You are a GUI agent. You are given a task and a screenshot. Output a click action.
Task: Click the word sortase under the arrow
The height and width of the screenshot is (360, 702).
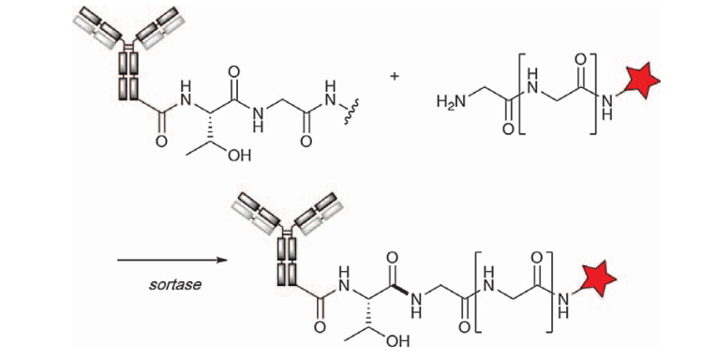tap(175, 284)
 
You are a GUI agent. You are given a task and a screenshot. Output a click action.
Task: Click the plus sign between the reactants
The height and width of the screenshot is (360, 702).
tap(395, 77)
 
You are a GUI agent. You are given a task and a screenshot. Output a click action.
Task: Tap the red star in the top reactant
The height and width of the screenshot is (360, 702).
tap(640, 82)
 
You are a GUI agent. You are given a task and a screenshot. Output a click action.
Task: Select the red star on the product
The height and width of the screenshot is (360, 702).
tap(596, 279)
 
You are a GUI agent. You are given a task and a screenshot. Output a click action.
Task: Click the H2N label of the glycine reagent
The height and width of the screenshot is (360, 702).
tap(452, 101)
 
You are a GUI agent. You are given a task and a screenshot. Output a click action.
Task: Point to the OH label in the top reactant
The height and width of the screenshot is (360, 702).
tap(240, 155)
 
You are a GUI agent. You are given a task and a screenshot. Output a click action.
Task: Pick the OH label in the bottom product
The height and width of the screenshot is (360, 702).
tap(397, 341)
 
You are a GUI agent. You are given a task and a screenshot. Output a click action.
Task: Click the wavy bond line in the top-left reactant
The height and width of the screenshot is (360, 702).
tap(350, 114)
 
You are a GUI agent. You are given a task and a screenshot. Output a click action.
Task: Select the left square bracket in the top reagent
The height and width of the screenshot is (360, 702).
tap(522, 94)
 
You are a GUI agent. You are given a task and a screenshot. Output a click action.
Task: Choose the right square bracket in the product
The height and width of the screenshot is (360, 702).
tap(550, 292)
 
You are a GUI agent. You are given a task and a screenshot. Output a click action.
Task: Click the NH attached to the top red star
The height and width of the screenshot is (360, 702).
tap(606, 108)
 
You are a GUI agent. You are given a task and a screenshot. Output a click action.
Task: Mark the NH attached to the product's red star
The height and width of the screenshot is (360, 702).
tap(563, 305)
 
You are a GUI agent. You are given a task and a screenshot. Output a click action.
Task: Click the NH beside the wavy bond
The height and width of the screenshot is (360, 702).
tap(331, 94)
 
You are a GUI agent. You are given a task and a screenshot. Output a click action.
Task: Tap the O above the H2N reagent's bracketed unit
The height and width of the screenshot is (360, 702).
tap(581, 60)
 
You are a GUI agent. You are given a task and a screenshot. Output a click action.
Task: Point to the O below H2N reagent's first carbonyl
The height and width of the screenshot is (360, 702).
tap(508, 129)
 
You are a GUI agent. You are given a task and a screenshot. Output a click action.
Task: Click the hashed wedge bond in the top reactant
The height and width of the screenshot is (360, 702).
tap(209, 127)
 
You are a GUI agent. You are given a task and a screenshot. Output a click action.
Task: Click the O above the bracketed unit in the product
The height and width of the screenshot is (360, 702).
tap(537, 258)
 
